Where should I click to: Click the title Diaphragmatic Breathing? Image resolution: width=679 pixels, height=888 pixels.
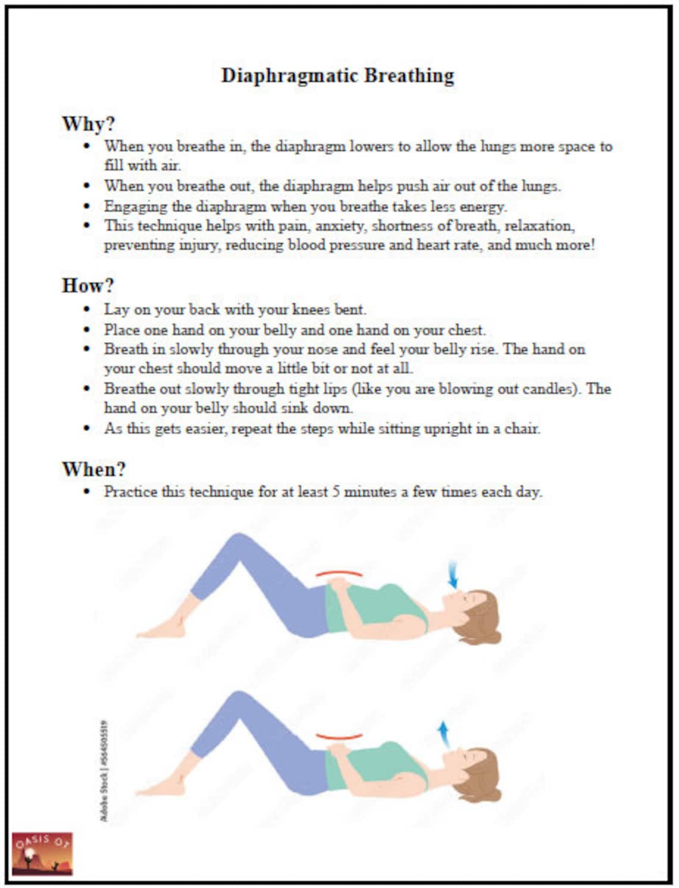click(338, 76)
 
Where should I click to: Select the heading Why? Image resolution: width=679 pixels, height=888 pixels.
click(88, 124)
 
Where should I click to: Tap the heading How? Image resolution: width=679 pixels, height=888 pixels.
click(88, 285)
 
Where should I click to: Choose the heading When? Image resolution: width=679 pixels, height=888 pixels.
click(94, 469)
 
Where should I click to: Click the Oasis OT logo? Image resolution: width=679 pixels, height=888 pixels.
click(42, 853)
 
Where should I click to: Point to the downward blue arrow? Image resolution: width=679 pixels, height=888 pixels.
click(453, 575)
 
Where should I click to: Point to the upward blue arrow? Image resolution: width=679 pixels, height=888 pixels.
click(443, 734)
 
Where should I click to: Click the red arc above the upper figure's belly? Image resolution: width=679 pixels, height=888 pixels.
click(339, 573)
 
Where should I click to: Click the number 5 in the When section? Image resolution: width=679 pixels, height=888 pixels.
click(337, 492)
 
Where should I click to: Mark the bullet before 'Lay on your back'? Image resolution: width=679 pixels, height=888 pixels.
click(88, 309)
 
